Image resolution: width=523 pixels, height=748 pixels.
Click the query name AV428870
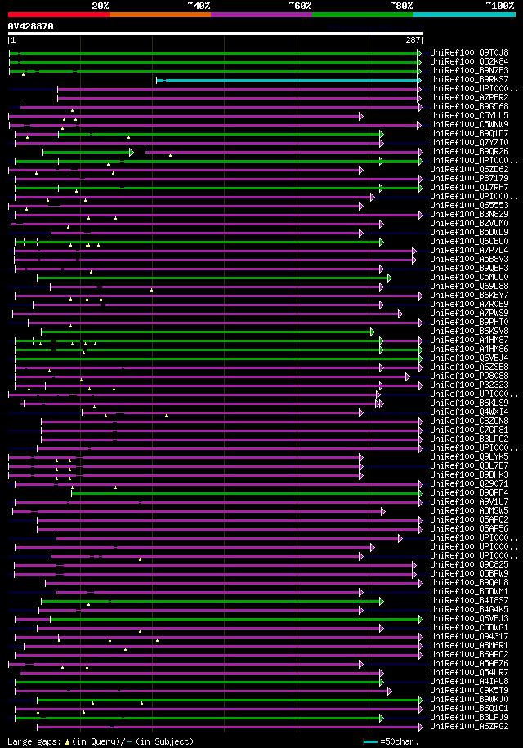[x=31, y=26]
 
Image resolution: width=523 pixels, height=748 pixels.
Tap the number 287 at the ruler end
[x=412, y=40]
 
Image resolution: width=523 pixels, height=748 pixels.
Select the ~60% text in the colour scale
[x=299, y=6]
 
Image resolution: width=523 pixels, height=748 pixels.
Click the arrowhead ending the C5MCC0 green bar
[x=389, y=278]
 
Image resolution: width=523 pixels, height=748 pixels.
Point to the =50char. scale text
[x=400, y=741]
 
